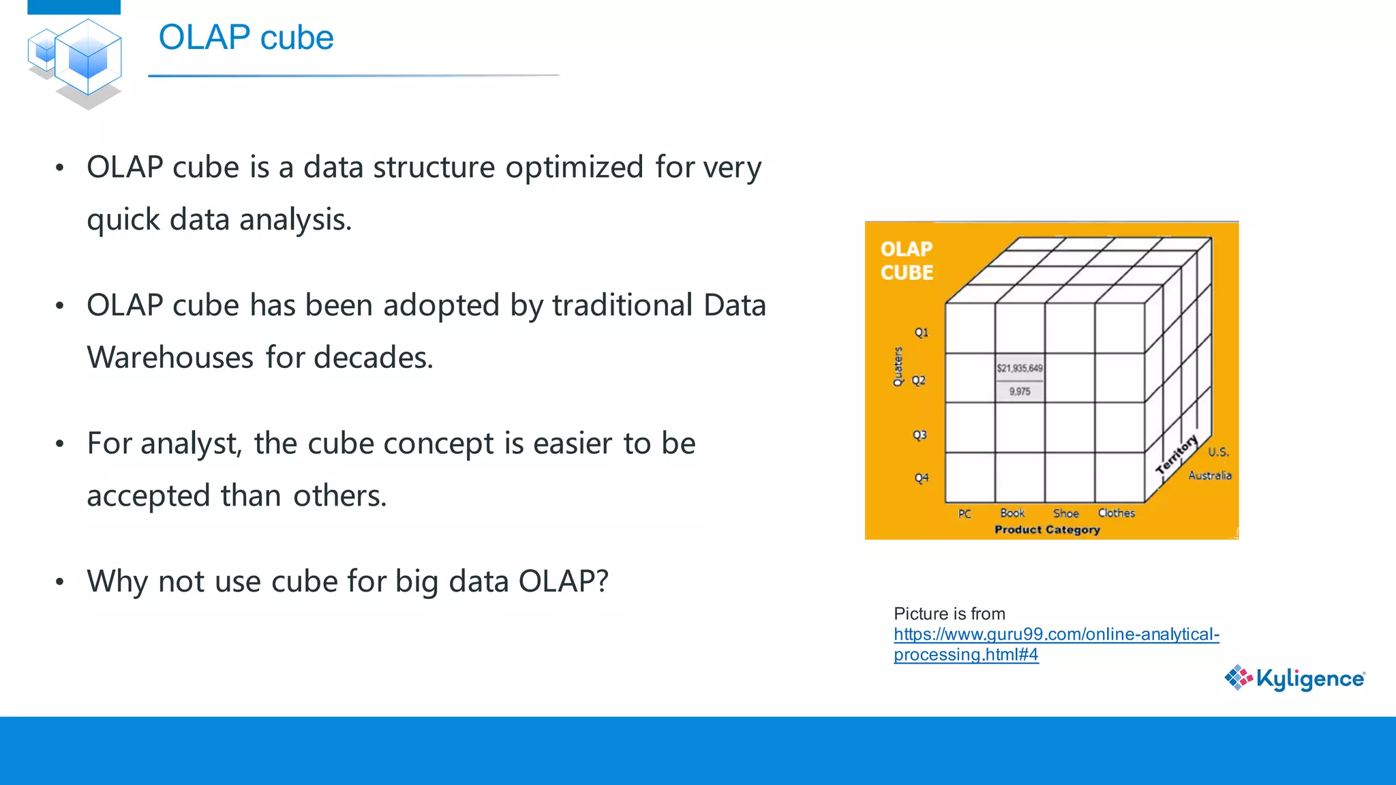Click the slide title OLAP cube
(x=245, y=37)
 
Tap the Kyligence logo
(x=1295, y=678)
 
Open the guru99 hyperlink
(x=1056, y=634)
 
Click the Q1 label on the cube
(x=921, y=333)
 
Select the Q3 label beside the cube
(x=920, y=435)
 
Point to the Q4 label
(x=921, y=478)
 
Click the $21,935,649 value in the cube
(x=1019, y=368)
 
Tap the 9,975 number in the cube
(x=1019, y=391)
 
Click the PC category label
(x=964, y=514)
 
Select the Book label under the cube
(x=1012, y=513)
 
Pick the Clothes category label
(x=1116, y=513)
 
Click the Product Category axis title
(x=1046, y=529)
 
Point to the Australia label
(x=1209, y=475)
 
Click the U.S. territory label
(x=1217, y=452)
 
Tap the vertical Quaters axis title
(x=898, y=367)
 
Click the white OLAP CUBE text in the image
(x=906, y=260)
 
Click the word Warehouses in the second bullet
(x=170, y=358)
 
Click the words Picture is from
(x=949, y=613)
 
